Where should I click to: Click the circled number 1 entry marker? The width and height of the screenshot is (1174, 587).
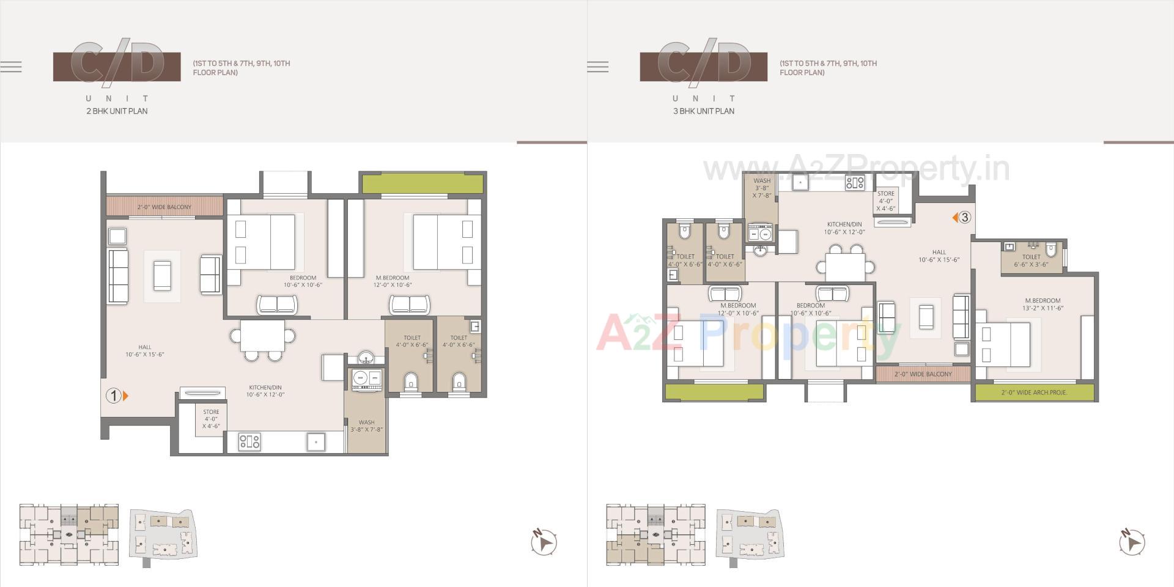(x=114, y=396)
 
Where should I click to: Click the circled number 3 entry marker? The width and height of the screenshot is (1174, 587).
(x=964, y=217)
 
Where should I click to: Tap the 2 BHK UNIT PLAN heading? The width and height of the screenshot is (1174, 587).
(x=117, y=111)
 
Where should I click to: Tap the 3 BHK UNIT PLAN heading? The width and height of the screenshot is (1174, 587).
(x=704, y=111)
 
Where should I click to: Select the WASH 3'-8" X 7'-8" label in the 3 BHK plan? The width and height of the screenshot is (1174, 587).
(x=762, y=188)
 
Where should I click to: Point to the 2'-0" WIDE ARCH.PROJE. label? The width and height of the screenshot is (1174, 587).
(x=1034, y=393)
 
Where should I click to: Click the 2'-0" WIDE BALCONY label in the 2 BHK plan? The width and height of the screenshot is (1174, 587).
(x=164, y=207)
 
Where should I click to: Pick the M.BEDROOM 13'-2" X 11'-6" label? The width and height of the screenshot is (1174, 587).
(x=1043, y=304)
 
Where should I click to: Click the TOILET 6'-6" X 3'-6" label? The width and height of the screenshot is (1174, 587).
(x=1031, y=260)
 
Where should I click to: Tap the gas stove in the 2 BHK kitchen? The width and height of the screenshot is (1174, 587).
(x=249, y=441)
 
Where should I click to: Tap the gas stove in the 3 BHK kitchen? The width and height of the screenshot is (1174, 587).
(x=855, y=182)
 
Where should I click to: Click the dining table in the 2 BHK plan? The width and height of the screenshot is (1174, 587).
(x=262, y=336)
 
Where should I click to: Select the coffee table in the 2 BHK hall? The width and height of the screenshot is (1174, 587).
(x=162, y=276)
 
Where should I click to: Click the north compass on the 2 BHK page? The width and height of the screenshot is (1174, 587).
(x=543, y=542)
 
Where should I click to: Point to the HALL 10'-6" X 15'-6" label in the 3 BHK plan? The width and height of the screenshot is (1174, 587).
(x=939, y=256)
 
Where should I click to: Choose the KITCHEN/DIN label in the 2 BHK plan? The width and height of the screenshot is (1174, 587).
(x=265, y=391)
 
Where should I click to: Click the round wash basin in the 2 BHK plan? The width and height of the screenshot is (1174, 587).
(x=366, y=357)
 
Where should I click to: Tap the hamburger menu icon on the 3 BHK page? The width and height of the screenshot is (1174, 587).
(x=597, y=67)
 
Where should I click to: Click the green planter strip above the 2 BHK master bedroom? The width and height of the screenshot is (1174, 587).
(x=422, y=183)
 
